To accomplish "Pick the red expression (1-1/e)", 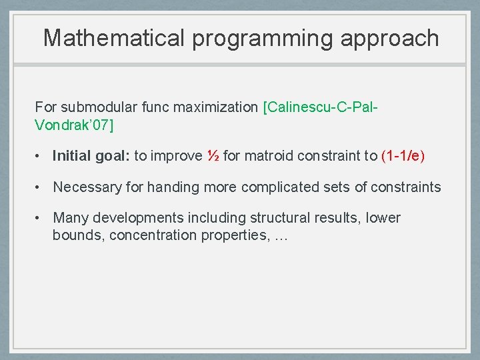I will click(x=403, y=156).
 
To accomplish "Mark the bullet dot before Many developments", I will click(x=39, y=218).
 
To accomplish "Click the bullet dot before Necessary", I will click(x=39, y=187).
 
